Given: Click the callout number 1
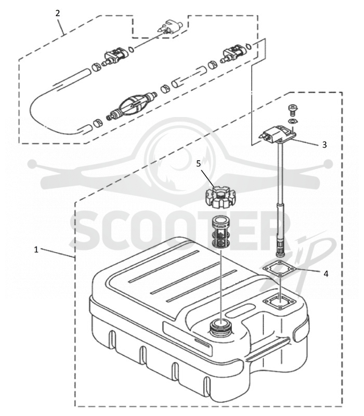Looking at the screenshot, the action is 36,250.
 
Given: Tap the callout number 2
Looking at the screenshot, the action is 58,14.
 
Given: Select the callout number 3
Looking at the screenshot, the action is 324,145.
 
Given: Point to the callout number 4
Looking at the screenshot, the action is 326,274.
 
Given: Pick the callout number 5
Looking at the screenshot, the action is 199,163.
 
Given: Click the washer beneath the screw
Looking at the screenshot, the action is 293,121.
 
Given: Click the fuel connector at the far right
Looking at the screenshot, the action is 232,53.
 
